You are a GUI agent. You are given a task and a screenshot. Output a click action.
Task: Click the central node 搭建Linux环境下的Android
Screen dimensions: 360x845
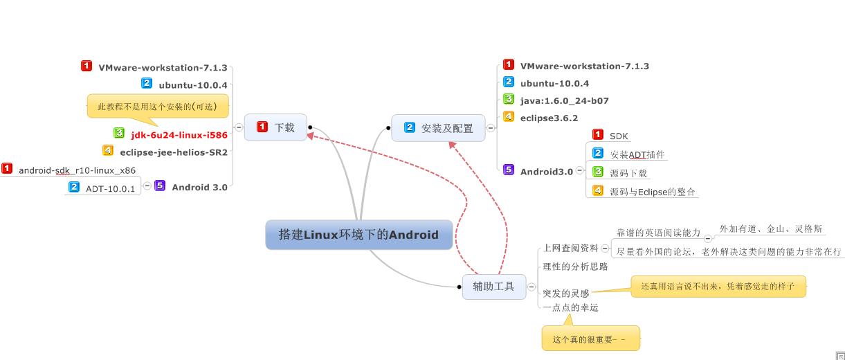coord(358,235)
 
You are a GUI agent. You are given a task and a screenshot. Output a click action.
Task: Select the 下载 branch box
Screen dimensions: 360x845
coord(275,127)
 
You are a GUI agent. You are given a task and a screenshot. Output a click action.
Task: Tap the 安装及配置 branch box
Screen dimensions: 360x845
coord(439,128)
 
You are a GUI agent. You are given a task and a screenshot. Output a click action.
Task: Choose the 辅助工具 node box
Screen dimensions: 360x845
coord(493,286)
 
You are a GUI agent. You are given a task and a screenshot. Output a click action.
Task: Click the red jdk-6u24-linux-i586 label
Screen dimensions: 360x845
coord(179,135)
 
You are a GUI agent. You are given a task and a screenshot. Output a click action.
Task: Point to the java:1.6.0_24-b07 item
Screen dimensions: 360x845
coord(564,100)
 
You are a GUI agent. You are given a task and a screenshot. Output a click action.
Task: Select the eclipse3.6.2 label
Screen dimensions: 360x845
coord(549,118)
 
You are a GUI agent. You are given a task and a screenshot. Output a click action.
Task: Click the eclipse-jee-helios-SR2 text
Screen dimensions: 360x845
coord(174,152)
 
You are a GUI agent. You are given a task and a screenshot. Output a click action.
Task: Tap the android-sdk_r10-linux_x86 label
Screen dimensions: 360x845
coord(77,170)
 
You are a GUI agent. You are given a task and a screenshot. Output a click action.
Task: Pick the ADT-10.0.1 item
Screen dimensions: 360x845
coord(110,189)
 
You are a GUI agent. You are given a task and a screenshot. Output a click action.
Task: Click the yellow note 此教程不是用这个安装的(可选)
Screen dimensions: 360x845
coord(157,107)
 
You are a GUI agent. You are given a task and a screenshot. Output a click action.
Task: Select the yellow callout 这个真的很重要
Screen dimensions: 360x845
coord(590,339)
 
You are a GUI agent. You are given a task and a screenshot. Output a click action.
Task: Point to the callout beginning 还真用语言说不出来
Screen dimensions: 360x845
coord(718,286)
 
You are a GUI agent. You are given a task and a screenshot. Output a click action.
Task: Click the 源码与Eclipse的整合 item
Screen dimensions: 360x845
coord(652,192)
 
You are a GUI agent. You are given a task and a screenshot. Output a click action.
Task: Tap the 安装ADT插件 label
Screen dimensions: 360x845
coord(637,154)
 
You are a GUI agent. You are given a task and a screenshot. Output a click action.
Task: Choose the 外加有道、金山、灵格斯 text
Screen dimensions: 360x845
coord(770,228)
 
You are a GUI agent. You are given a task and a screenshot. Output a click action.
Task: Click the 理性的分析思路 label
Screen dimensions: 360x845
coord(575,267)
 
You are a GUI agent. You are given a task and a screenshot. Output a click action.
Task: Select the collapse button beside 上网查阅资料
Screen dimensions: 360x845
coord(606,248)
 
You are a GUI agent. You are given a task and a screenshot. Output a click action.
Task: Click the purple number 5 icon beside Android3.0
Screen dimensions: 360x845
coord(509,170)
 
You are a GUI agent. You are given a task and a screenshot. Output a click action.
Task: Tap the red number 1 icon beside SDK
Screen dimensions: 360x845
coord(598,135)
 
